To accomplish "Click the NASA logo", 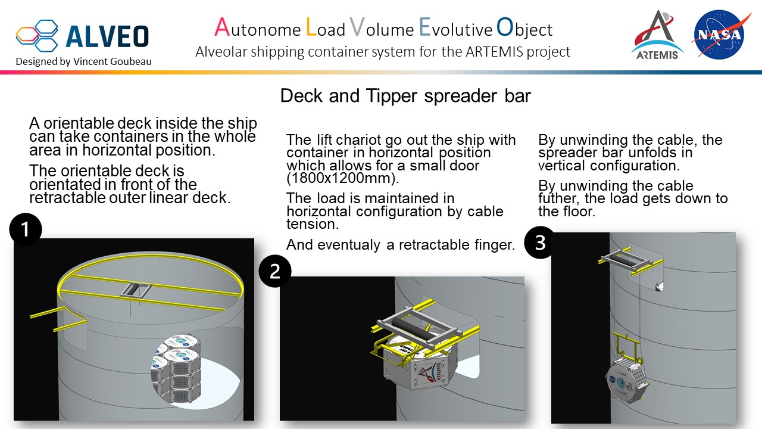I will click(722, 34).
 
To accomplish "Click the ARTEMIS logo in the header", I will click(657, 35).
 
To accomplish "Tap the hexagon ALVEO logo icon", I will click(38, 35).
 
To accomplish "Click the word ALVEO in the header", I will click(107, 36).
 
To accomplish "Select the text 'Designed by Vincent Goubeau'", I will click(83, 61).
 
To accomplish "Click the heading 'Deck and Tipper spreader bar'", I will click(405, 95).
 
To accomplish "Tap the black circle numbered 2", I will click(275, 271).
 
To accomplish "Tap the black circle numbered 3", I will click(540, 244).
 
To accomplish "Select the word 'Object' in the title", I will click(524, 28).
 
